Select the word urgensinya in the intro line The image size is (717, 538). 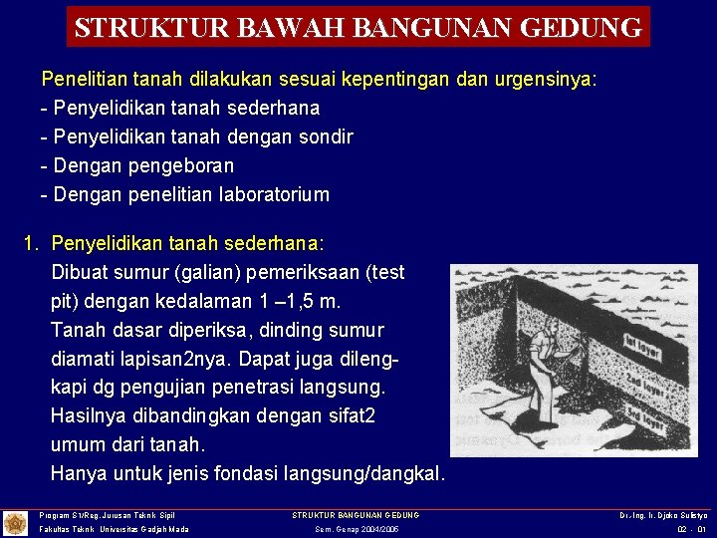tap(552, 79)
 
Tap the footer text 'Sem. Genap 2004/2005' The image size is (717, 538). tap(357, 529)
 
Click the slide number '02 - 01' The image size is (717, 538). tap(690, 529)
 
